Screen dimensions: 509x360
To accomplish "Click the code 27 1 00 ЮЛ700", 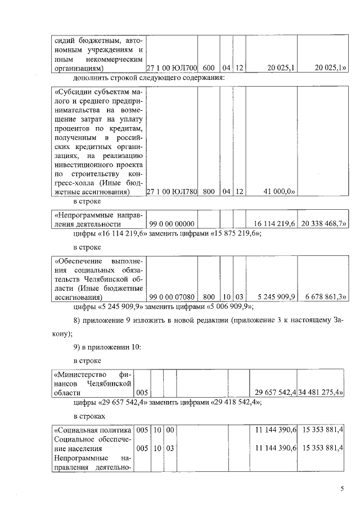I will coord(172,69).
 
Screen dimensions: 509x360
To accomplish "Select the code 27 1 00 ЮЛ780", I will coord(172,192).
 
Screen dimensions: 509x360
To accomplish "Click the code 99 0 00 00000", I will coord(172,224).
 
